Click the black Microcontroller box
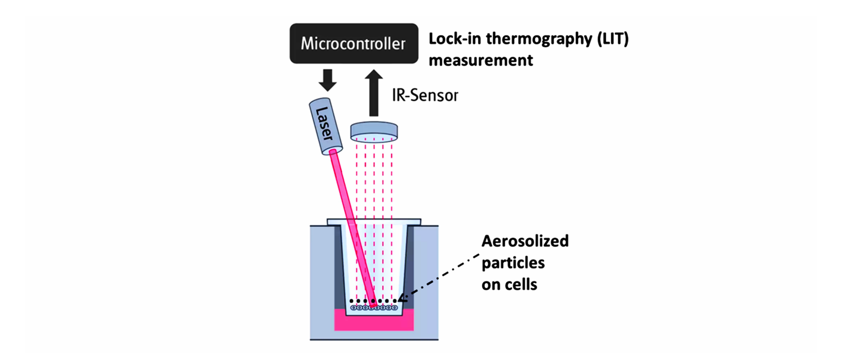(354, 44)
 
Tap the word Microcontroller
(353, 44)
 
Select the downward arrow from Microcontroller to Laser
(327, 80)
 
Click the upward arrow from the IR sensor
(374, 93)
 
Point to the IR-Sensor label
(425, 95)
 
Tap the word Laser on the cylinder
(325, 124)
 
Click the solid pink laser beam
(353, 228)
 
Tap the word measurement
(481, 60)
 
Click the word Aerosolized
(525, 241)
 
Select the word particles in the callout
(513, 263)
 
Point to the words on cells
(509, 285)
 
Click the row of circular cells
(374, 307)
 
